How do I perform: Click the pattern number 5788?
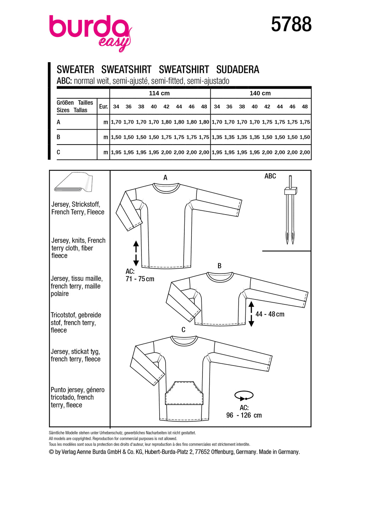(x=291, y=25)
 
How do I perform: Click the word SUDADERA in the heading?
(x=238, y=70)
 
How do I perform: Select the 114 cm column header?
(x=159, y=93)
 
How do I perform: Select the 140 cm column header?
(x=260, y=93)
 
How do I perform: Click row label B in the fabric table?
(x=59, y=137)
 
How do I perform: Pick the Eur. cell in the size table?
(x=103, y=107)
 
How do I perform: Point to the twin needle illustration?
(x=290, y=210)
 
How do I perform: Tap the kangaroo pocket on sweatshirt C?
(x=184, y=393)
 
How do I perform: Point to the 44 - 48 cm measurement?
(x=270, y=314)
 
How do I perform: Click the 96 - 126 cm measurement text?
(x=244, y=415)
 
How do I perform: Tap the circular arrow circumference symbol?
(x=244, y=395)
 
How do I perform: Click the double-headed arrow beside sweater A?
(x=136, y=253)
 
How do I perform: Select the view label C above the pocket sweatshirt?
(x=183, y=330)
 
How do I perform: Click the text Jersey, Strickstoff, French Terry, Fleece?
(x=78, y=208)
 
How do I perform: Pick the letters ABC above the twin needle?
(x=270, y=176)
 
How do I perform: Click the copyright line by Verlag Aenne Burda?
(x=174, y=452)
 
